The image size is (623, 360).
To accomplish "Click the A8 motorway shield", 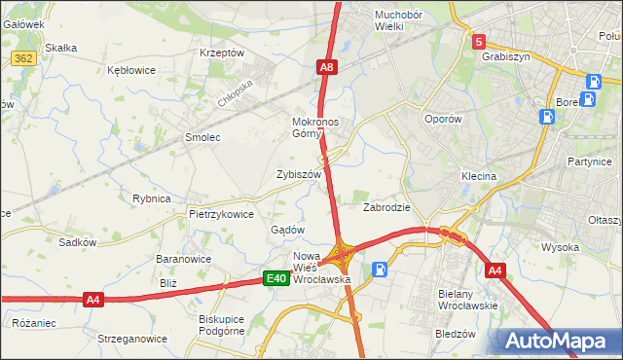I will (328, 67).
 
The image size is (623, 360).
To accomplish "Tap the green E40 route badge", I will (276, 279).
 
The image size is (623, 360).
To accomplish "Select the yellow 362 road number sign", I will (23, 58).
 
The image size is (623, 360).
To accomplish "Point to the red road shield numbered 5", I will (479, 42).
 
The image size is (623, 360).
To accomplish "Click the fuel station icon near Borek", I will (548, 117).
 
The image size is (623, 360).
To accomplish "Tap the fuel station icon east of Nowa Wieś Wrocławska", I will (380, 270).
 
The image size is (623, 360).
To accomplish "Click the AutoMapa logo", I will (557, 342).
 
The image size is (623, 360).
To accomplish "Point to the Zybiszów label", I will (299, 175).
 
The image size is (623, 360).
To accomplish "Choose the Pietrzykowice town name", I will (222, 214).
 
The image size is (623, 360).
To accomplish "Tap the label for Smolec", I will (203, 138).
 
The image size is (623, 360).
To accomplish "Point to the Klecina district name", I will (479, 177).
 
